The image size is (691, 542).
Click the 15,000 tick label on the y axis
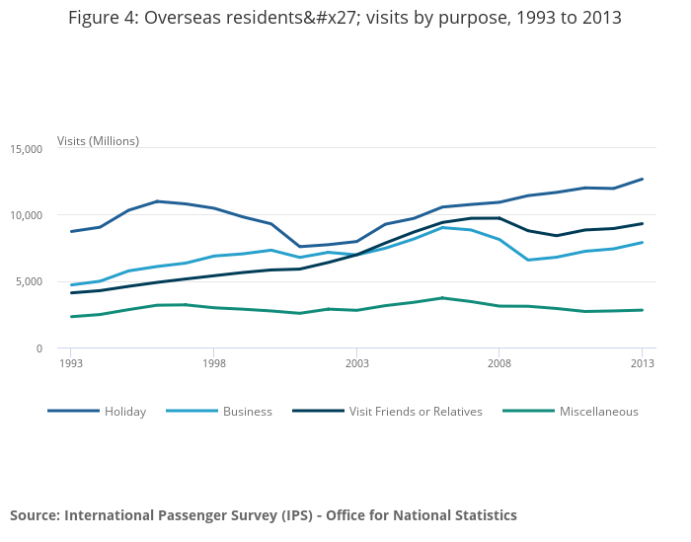coord(26,149)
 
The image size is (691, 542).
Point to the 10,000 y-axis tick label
coord(26,215)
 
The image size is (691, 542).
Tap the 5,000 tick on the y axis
coord(29,281)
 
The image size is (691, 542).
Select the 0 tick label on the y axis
coord(38,348)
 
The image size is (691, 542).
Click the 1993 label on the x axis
coord(71,363)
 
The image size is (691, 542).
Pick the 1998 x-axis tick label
coord(214,363)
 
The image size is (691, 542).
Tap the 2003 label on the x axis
coord(356,363)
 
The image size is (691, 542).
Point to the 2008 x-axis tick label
coord(499,363)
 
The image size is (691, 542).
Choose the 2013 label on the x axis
coord(643,363)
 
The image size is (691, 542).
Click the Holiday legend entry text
coord(125,412)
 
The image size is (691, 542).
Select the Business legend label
coord(247,412)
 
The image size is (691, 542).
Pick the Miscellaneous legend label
coord(598,412)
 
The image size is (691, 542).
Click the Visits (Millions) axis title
coord(98,141)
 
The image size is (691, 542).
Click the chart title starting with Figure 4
coord(345,19)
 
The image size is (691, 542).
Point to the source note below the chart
coord(264,515)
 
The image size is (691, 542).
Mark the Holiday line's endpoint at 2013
coord(643,179)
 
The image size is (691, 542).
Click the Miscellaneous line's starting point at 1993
coord(71,317)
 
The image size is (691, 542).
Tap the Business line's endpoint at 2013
coord(643,242)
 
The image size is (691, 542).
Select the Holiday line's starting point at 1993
coord(71,231)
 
